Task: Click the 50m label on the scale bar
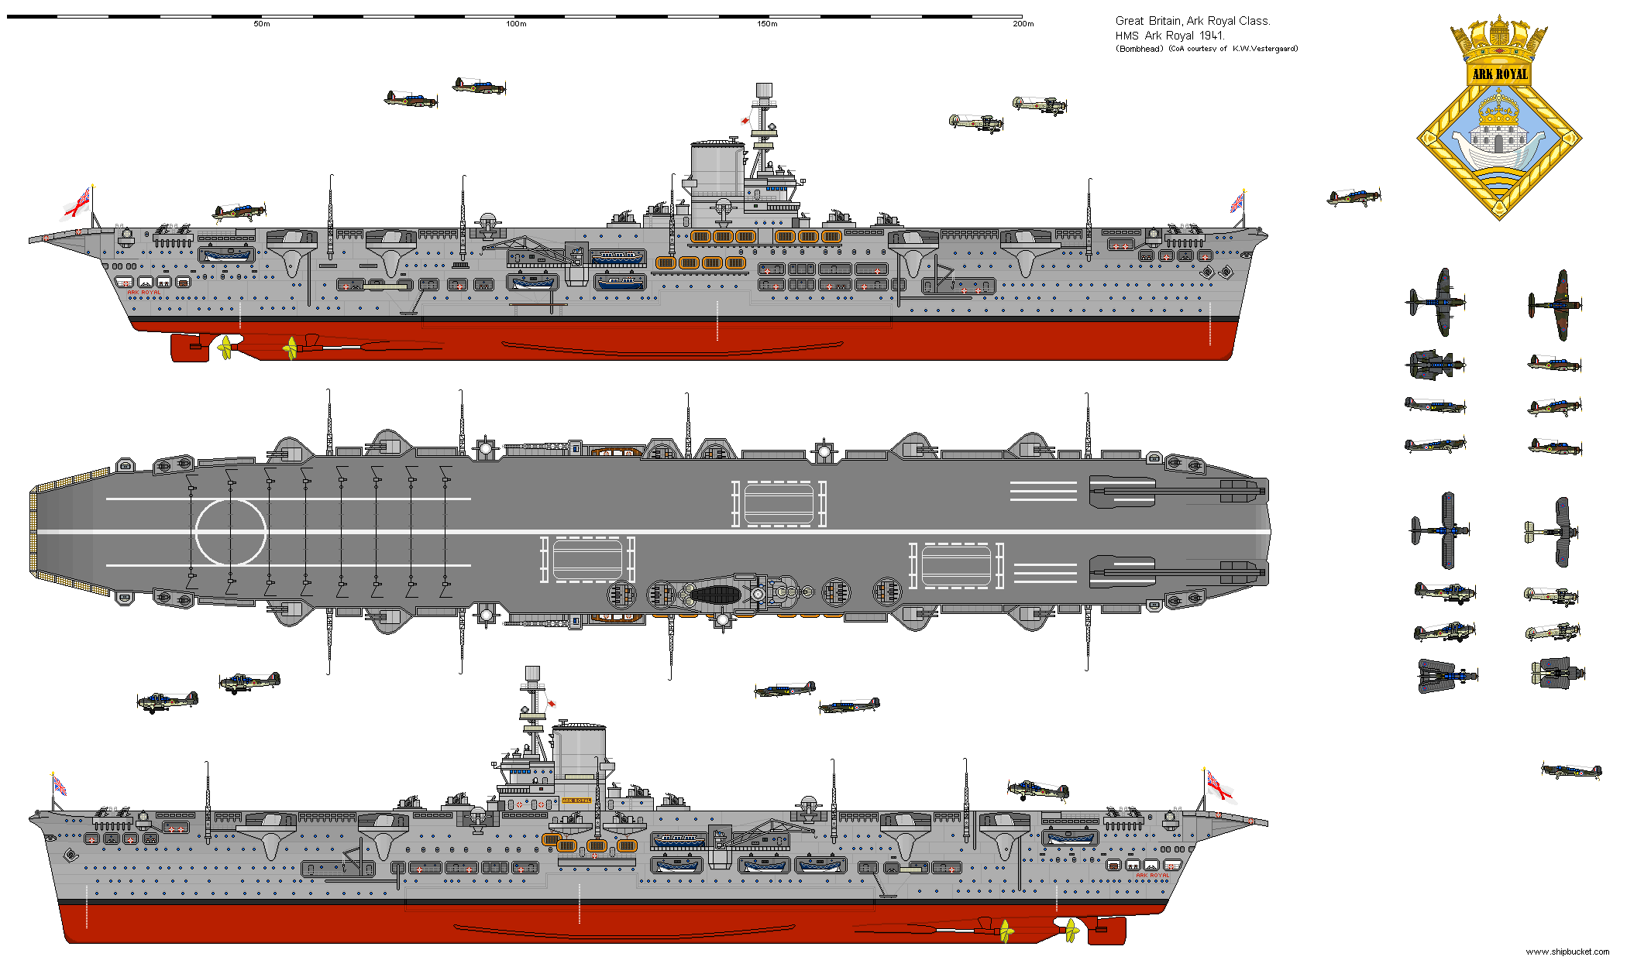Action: [x=262, y=24]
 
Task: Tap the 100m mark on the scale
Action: [x=516, y=24]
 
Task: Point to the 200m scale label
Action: [x=1023, y=24]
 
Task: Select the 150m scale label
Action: [x=767, y=24]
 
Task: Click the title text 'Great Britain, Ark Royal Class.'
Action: [x=1192, y=21]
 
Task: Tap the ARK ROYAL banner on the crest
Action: [x=1500, y=74]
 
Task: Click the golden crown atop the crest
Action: [x=1499, y=39]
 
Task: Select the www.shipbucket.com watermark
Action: [x=1567, y=952]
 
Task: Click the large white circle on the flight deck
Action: [x=230, y=532]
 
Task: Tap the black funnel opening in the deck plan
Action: [x=715, y=595]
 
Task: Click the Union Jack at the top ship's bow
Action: [x=1237, y=203]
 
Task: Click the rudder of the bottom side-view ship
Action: [x=1106, y=929]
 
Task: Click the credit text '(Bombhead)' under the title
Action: [x=1139, y=49]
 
